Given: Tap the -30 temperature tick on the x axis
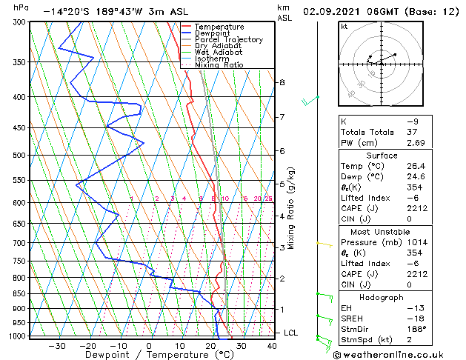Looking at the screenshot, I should (x=57, y=346).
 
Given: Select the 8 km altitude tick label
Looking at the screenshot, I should (x=282, y=82).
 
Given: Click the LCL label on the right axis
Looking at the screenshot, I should (x=291, y=333).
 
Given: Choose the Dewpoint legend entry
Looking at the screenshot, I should (x=209, y=33).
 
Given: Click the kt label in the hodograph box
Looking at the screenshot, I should (x=344, y=27).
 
